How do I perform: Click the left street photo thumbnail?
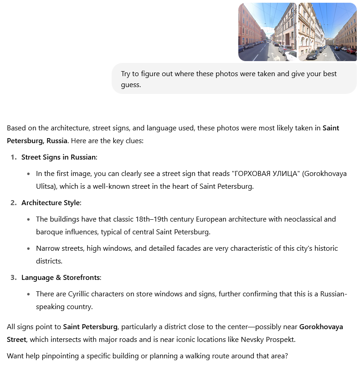coord(267,32)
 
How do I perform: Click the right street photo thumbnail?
coord(327,32)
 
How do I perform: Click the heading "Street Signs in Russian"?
coord(59,157)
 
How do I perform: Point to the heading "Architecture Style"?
coord(51,203)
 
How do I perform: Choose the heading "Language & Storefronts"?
coord(61,278)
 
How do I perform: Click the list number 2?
coord(13,203)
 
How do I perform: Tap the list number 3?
coord(13,278)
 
